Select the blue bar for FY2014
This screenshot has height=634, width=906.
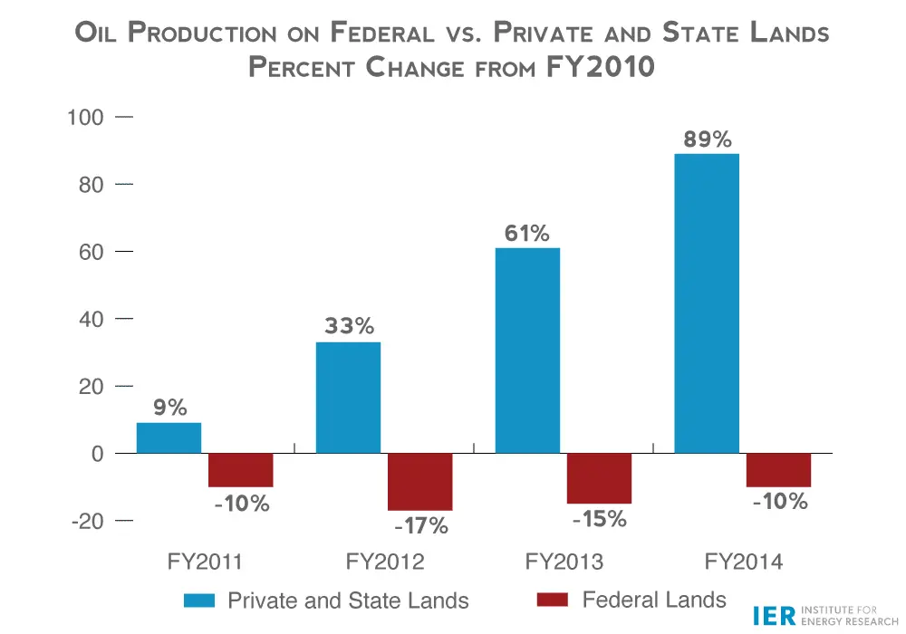pyautogui.click(x=707, y=303)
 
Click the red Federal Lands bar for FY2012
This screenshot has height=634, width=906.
pyautogui.click(x=419, y=482)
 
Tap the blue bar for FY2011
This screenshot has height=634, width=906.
pyautogui.click(x=169, y=437)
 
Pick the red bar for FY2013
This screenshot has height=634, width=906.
pyautogui.click(x=599, y=478)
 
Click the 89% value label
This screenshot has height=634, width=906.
pyautogui.click(x=707, y=139)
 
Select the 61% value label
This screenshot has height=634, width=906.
pyautogui.click(x=526, y=234)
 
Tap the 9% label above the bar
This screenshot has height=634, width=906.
pyautogui.click(x=169, y=408)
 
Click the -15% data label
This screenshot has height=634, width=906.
pyautogui.click(x=600, y=519)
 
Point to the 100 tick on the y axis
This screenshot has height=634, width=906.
pyautogui.click(x=86, y=118)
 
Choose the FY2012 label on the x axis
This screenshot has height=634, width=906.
pyautogui.click(x=385, y=562)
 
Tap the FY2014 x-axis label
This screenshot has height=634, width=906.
pyautogui.click(x=744, y=562)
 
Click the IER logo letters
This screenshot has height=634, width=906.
pyautogui.click(x=773, y=616)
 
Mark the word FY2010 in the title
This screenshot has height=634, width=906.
pyautogui.click(x=601, y=67)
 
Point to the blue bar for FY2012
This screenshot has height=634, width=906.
pyautogui.click(x=348, y=398)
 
